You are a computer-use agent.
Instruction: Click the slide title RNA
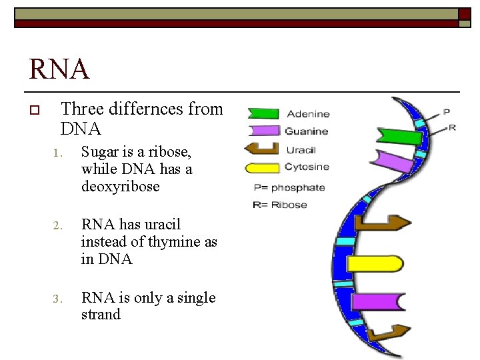click(59, 69)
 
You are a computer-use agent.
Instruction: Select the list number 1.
click(59, 153)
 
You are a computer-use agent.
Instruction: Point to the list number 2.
click(59, 225)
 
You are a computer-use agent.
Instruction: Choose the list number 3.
click(59, 299)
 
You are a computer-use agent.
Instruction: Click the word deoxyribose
click(120, 187)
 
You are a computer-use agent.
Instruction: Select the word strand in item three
click(101, 315)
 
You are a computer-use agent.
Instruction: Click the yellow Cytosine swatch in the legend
click(262, 167)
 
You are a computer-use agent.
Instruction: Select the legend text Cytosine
click(307, 167)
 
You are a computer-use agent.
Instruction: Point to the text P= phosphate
click(289, 187)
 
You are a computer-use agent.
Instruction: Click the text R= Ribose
click(279, 205)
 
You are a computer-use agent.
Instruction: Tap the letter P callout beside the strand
click(446, 111)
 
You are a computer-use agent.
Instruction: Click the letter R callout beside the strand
click(453, 127)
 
